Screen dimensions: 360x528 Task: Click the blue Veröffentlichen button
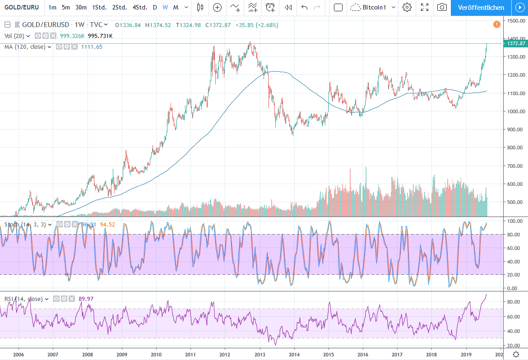481,7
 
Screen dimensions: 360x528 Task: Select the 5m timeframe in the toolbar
66,7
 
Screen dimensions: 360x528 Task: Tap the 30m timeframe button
81,7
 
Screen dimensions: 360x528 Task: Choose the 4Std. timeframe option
140,7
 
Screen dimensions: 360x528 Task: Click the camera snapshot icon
442,7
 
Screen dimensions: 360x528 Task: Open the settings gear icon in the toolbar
407,7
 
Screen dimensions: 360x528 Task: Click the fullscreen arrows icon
424,7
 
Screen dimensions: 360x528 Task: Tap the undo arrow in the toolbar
304,7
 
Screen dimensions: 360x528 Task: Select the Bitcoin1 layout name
375,7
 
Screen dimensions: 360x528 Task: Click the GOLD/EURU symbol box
22,7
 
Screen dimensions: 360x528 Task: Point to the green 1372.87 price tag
516,43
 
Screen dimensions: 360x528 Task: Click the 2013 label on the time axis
259,355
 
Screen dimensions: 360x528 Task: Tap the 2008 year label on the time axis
88,355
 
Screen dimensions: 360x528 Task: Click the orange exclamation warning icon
496,24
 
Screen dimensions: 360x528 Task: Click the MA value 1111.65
92,46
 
